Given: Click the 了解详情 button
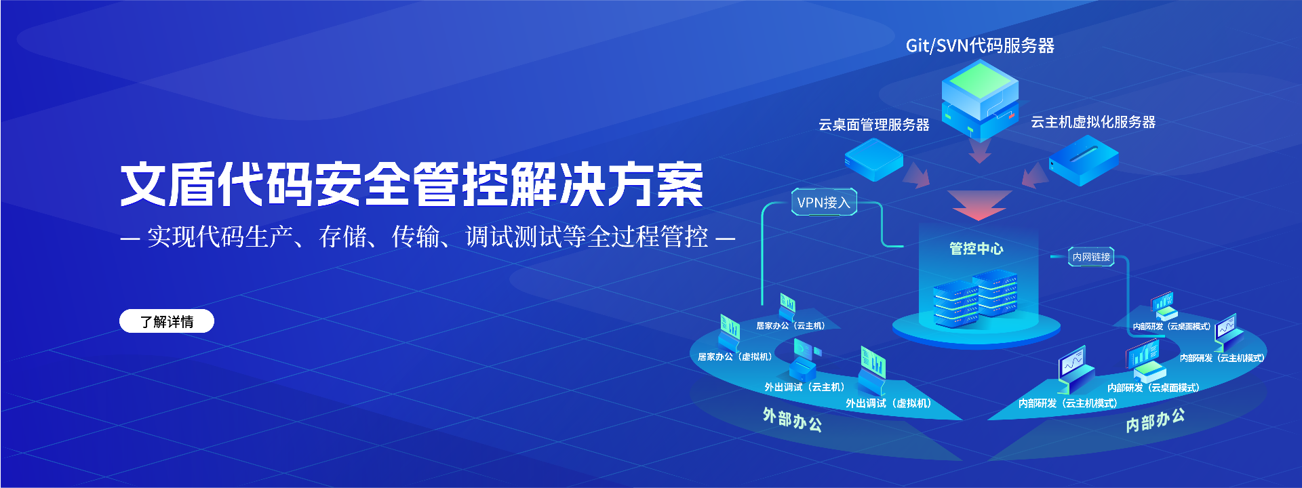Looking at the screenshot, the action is click(x=167, y=321).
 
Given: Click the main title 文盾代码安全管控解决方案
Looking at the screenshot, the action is click(x=412, y=184).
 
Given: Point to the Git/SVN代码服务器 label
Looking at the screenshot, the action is click(x=980, y=45).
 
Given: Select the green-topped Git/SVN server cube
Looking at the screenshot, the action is click(x=980, y=99).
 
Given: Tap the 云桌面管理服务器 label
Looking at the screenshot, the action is click(x=873, y=125).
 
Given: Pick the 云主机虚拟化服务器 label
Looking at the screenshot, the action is click(x=1093, y=122).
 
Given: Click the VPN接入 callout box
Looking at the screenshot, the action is click(x=824, y=202).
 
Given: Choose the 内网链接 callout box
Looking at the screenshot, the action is click(x=1091, y=257).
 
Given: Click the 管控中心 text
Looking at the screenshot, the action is click(x=976, y=249).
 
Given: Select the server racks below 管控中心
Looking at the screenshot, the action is click(x=975, y=298).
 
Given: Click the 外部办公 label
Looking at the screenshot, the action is click(x=792, y=419).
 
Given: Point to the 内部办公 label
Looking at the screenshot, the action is click(x=1156, y=420).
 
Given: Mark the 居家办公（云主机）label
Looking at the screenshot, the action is click(x=791, y=326).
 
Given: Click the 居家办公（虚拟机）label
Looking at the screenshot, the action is click(x=735, y=357).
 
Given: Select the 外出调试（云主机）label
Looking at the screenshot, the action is click(x=805, y=387).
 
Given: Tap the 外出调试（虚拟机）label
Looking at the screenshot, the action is click(x=888, y=403).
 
